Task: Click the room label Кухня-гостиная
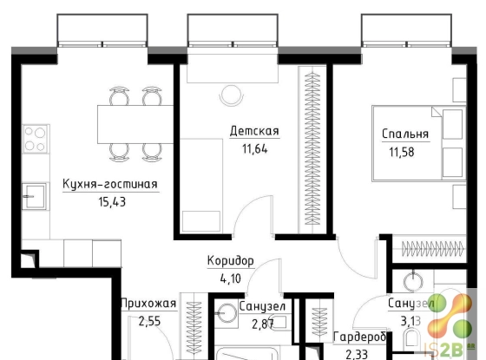click(110, 184)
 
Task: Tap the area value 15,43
click(112, 202)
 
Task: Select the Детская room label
click(254, 131)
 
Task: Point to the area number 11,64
click(255, 149)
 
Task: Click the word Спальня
click(405, 134)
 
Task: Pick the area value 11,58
click(402, 152)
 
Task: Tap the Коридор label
click(231, 261)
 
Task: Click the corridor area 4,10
click(231, 278)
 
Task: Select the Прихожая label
click(148, 304)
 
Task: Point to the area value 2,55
click(149, 321)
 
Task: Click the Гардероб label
click(360, 337)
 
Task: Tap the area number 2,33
click(357, 354)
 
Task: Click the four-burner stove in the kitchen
click(36, 139)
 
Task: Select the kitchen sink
click(34, 196)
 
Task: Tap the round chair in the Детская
click(231, 95)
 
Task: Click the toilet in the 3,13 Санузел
click(413, 339)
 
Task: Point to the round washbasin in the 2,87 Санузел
click(227, 313)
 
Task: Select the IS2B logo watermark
click(450, 325)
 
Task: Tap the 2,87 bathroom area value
click(263, 324)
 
